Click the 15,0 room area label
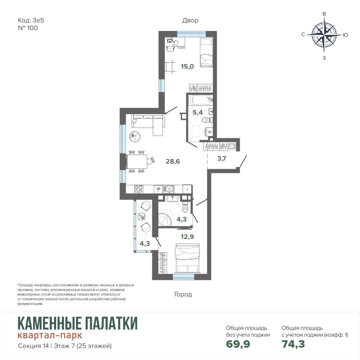(187, 67)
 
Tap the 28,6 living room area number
(173, 161)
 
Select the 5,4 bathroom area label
(197, 112)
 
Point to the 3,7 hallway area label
(221, 158)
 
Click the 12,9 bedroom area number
(187, 237)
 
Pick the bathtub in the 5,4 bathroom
(201, 100)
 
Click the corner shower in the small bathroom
(165, 220)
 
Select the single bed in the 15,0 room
(206, 52)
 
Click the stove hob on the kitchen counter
(139, 189)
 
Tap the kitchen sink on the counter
(168, 189)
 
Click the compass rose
(324, 35)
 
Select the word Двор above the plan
(190, 21)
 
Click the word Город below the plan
(183, 294)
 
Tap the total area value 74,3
(293, 344)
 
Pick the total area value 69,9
(238, 344)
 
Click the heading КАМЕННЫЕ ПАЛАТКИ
(78, 323)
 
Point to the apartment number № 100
(28, 28)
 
